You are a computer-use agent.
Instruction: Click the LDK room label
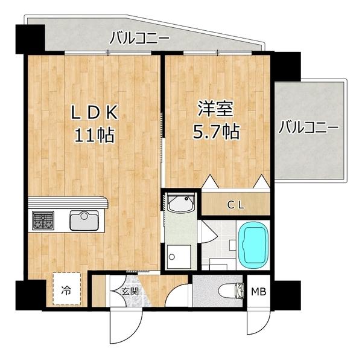[x=95, y=113]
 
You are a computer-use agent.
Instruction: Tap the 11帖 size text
[x=95, y=135]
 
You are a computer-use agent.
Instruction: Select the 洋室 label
[x=216, y=109]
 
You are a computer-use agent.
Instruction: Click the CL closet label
[x=236, y=205]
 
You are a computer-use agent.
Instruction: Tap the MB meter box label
[x=259, y=292]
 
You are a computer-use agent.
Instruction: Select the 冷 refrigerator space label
[x=66, y=290]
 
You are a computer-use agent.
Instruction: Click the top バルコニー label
[x=139, y=38]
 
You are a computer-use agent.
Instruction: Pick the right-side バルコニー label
[x=308, y=127]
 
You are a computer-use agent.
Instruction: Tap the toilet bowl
[x=231, y=291]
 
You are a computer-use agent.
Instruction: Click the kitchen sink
[x=84, y=220]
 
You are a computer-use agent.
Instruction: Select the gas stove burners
[x=43, y=220]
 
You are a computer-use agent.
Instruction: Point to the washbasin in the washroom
[x=181, y=203]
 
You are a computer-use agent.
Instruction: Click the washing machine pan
[x=179, y=257]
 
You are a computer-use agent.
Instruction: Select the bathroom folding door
[x=209, y=231]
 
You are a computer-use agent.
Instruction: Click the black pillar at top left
[x=30, y=39]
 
